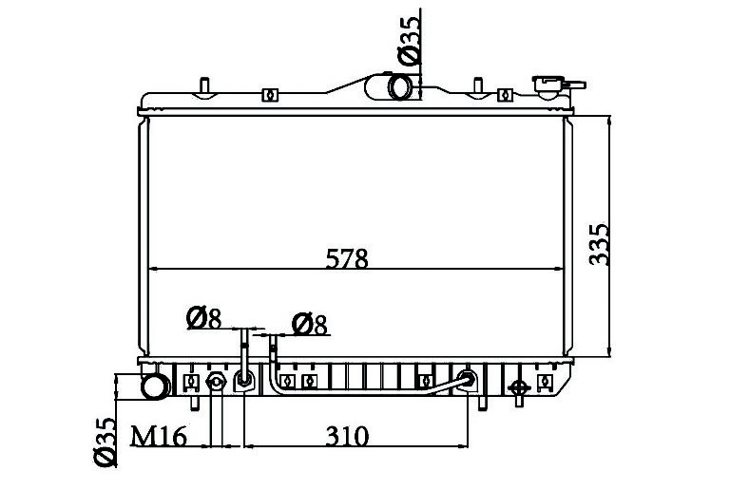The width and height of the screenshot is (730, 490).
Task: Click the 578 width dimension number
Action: click(x=347, y=259)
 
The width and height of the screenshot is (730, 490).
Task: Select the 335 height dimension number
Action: click(x=599, y=245)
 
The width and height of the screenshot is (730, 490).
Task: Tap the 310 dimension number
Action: click(x=347, y=436)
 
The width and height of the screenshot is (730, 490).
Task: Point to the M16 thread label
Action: click(x=159, y=437)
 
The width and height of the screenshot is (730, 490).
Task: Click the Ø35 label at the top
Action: click(x=410, y=41)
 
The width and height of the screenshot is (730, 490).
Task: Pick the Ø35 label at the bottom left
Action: click(x=106, y=442)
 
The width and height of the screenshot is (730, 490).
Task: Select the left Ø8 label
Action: click(x=203, y=318)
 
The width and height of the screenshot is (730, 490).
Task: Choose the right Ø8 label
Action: click(x=310, y=325)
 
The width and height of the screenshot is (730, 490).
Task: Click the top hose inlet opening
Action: click(x=400, y=87)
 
